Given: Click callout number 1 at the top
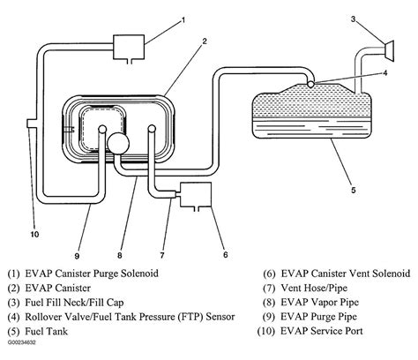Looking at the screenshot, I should coord(183,19).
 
